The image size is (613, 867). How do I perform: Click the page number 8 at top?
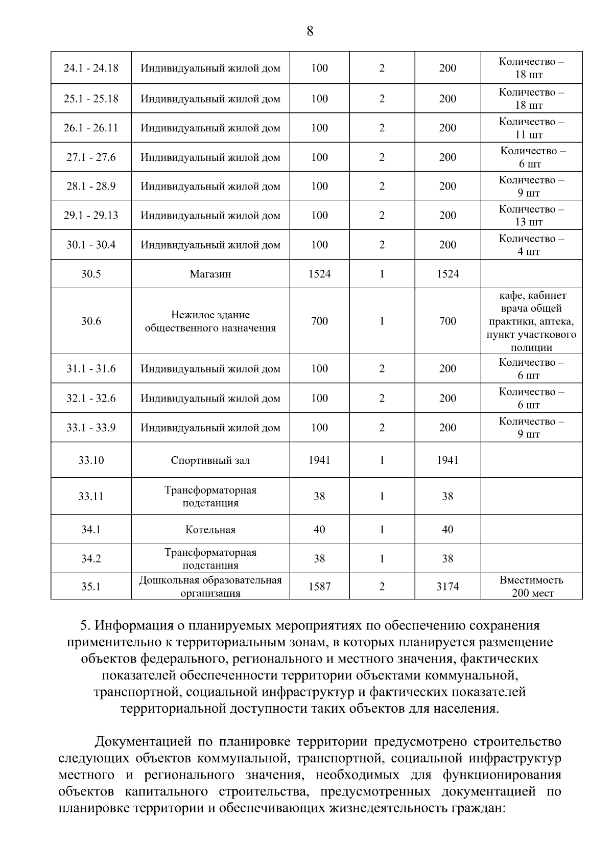coord(310,31)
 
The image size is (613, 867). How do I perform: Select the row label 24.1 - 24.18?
coord(91,68)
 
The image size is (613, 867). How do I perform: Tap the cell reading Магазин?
coord(210,274)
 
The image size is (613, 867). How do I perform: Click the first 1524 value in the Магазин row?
coord(319,274)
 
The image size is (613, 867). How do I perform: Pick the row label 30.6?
coord(91,321)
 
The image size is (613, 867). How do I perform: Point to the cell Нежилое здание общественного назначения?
coord(210,321)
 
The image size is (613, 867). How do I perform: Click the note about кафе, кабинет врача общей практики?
coord(531,321)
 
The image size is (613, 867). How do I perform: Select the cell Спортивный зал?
coord(210,460)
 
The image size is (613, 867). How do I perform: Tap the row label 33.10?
coord(91,460)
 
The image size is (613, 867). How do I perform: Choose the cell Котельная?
coord(210,530)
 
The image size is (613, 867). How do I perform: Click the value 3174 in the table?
coord(447,587)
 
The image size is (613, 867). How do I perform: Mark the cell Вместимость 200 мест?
coord(531,587)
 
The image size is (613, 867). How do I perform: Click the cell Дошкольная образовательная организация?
coord(210,587)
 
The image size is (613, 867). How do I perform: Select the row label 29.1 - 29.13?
coord(91,216)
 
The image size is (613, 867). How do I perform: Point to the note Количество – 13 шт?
coord(531,216)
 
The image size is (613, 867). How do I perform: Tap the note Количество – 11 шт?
coord(531,128)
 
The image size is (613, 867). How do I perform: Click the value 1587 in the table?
coord(319,587)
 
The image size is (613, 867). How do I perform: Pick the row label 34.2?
coord(91,559)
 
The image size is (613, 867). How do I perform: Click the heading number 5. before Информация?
coord(86,626)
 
